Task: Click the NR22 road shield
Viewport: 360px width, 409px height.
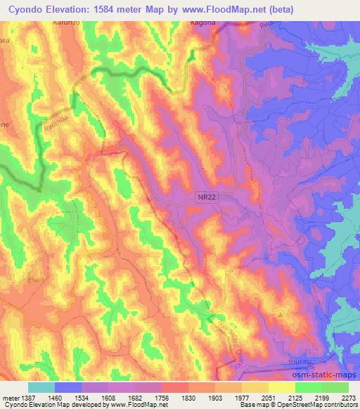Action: point(207,199)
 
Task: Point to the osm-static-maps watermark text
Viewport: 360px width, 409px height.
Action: point(324,374)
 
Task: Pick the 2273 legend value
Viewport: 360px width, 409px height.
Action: point(349,398)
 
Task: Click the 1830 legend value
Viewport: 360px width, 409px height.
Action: point(188,398)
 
